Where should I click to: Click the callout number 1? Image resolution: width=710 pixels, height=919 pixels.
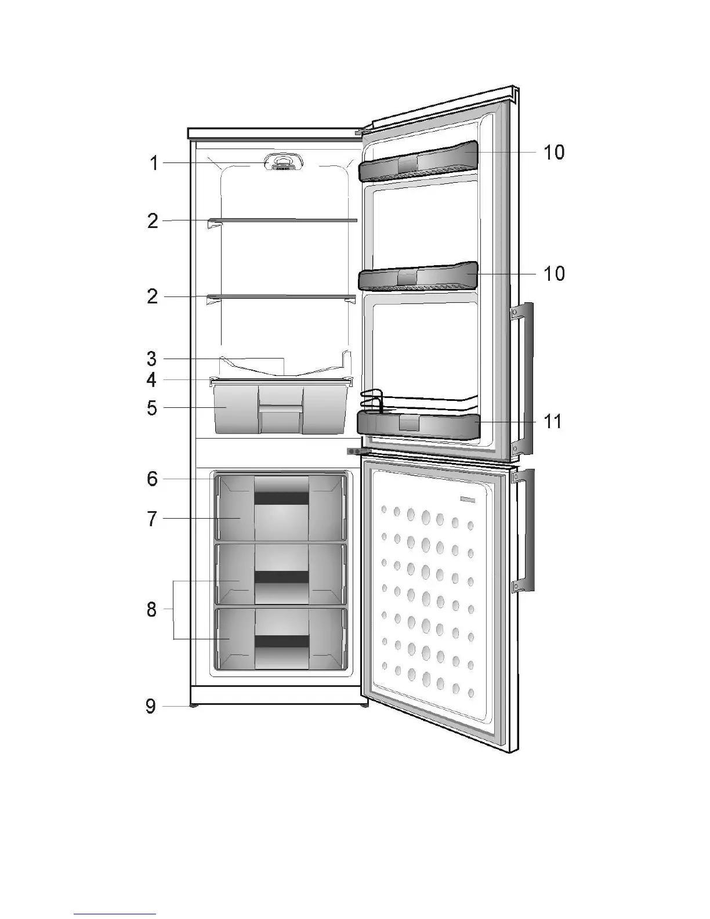pos(154,164)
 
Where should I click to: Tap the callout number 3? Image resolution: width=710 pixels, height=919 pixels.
pos(152,358)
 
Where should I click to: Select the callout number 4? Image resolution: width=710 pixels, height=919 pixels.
pos(152,380)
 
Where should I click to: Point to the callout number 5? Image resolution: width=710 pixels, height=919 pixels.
pos(152,408)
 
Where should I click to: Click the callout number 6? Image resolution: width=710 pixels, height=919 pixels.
pos(152,479)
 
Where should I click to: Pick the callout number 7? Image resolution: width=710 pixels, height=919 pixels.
pos(152,519)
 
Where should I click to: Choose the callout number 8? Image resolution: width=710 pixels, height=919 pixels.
pos(152,609)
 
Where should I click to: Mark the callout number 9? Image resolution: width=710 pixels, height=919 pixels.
pos(151,706)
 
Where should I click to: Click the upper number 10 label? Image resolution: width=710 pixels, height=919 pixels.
pos(553,153)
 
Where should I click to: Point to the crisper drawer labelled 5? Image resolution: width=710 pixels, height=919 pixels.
pos(281,409)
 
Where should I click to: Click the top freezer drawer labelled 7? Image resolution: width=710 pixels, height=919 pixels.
pos(281,509)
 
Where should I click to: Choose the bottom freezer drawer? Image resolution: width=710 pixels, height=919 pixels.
pos(281,638)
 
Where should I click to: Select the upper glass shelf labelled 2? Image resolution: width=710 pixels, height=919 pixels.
pos(283,220)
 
